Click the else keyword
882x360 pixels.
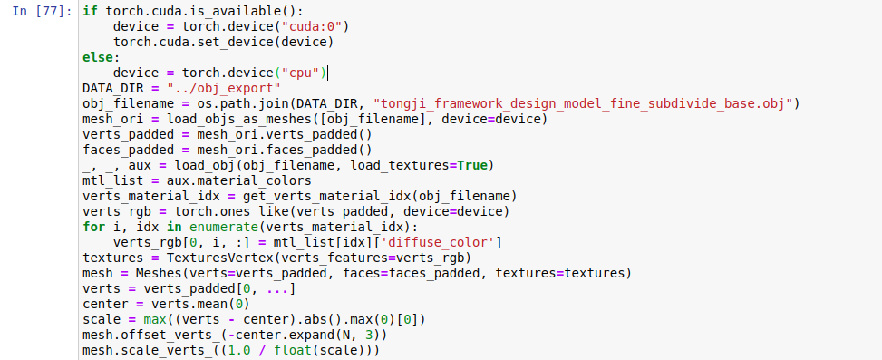(97, 57)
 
